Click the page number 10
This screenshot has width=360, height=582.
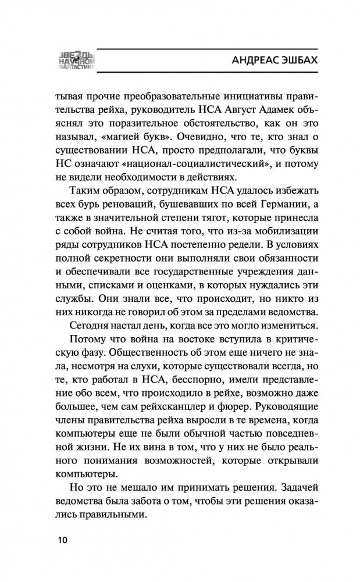62,540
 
